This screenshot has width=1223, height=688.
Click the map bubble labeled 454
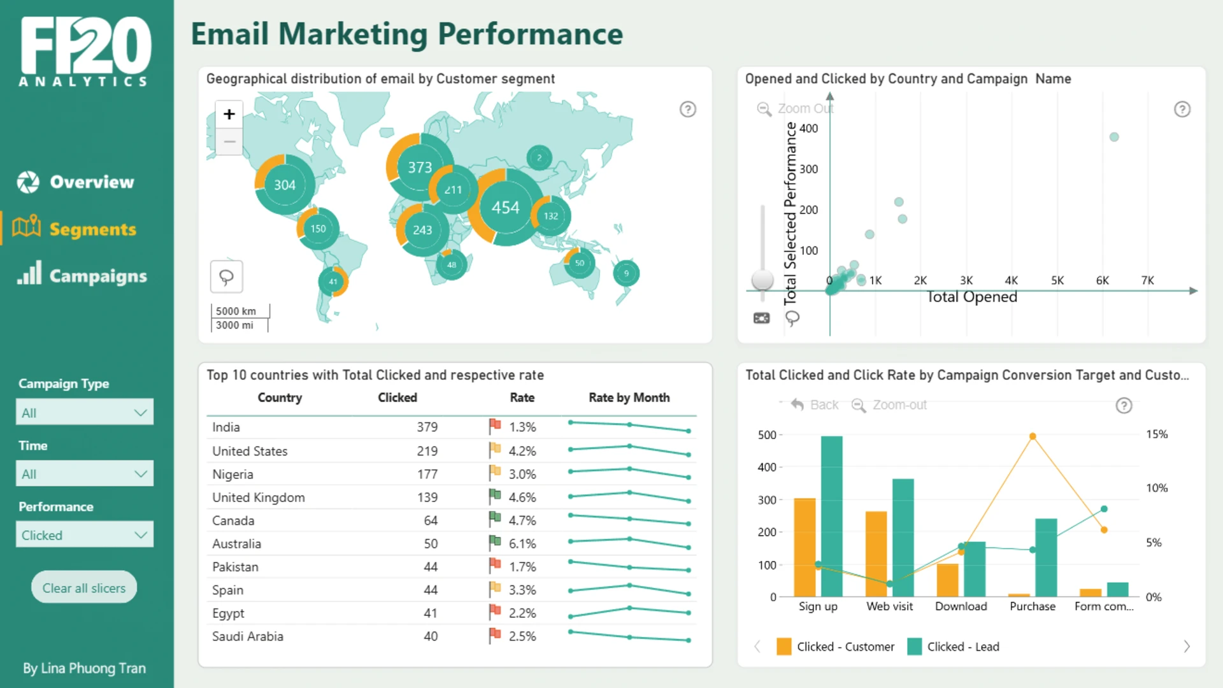[506, 207]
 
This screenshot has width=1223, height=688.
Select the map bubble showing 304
[285, 185]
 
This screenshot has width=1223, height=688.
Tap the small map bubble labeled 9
[626, 273]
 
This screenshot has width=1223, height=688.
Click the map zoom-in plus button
[229, 114]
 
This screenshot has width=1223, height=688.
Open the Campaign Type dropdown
[85, 412]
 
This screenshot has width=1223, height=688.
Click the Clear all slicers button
[84, 587]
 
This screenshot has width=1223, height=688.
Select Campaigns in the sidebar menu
[82, 275]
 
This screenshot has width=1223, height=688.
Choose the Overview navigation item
[76, 182]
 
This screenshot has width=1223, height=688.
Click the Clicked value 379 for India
[427, 427]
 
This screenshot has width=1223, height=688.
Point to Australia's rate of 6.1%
[522, 543]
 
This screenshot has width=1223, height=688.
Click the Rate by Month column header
[629, 398]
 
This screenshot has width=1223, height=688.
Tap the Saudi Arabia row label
[248, 636]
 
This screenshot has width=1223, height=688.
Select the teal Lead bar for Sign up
[832, 516]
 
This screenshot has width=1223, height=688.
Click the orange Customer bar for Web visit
[876, 554]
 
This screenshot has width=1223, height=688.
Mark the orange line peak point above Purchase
[1033, 436]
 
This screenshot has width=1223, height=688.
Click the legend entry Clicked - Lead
[954, 647]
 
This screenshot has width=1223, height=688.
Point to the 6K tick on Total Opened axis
[1103, 280]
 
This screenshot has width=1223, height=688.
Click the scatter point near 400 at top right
[1114, 137]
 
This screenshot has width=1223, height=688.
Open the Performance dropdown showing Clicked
[85, 535]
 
